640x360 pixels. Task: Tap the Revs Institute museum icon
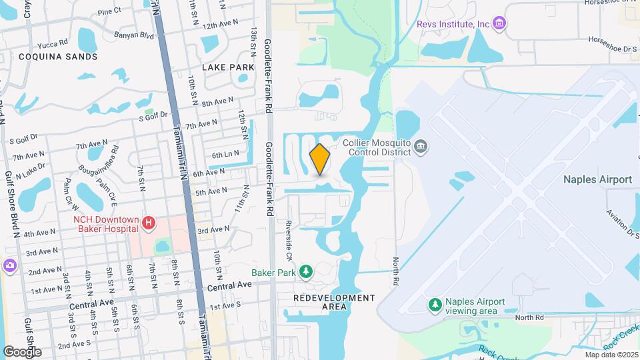500,25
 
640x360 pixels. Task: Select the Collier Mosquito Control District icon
420,146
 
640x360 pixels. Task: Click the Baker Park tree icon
305,272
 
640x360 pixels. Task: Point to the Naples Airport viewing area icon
435,305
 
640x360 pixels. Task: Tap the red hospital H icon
149,223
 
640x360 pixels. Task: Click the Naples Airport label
597,179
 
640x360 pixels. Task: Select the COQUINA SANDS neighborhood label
58,57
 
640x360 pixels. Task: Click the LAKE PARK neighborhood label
228,67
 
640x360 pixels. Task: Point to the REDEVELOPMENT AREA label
333,302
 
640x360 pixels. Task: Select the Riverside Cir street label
289,240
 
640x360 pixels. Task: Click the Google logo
22,351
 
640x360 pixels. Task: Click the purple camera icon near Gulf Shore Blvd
9,265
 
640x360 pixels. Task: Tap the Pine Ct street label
109,11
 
